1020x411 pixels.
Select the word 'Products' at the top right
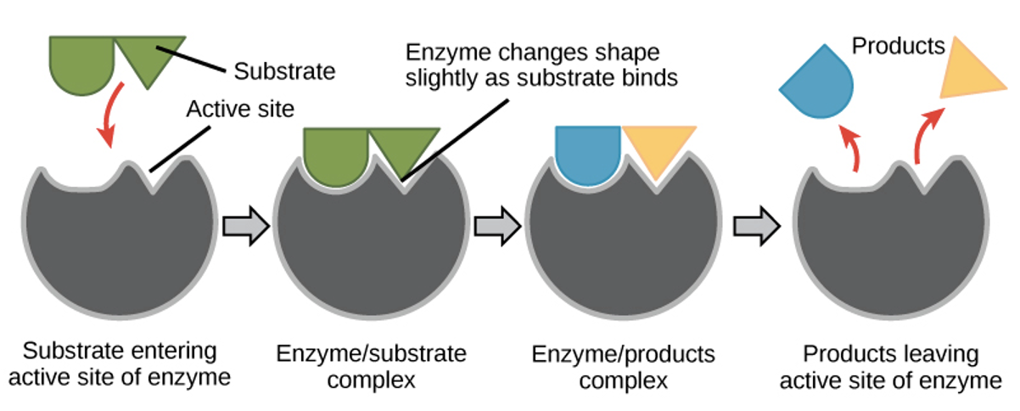898,46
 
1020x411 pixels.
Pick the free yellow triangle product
972,70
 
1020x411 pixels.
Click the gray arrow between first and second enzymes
245,228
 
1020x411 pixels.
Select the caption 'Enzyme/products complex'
624,366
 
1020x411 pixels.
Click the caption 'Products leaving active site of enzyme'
890,366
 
